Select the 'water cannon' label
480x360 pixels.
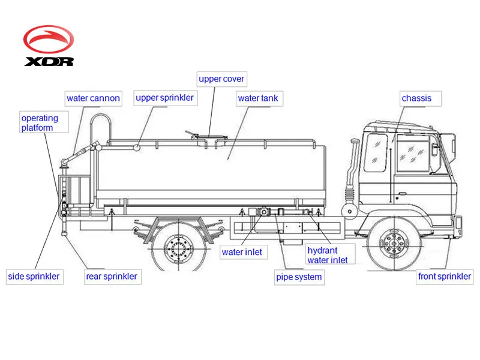coord(93,98)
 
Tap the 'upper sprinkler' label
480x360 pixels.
coord(164,97)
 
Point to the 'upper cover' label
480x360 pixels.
coord(221,79)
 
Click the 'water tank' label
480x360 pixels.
coord(258,98)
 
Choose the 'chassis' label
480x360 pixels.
coord(416,98)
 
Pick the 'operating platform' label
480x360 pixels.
coord(40,123)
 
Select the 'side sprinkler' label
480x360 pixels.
coord(34,277)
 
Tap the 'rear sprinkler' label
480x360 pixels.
coord(111,277)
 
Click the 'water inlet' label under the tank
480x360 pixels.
coord(242,252)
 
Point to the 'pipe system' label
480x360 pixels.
coord(299,277)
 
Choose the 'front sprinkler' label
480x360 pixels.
coord(445,277)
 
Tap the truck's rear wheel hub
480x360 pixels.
coord(178,246)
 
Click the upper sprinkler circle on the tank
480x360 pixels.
coord(138,146)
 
